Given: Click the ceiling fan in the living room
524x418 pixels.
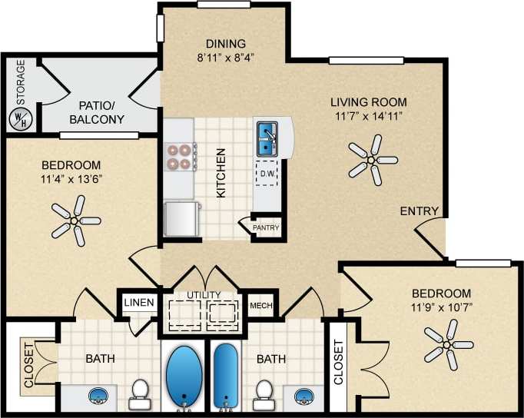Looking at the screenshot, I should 370,159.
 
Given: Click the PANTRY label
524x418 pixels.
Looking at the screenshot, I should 266,228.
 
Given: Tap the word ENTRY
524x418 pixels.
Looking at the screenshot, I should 419,211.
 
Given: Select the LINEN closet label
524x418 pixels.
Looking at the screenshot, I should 139,303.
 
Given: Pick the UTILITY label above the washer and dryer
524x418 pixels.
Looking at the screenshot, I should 204,295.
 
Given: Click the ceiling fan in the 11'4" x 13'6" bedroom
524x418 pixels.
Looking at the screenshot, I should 75,220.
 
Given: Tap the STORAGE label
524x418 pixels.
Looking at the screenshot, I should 21,82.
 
